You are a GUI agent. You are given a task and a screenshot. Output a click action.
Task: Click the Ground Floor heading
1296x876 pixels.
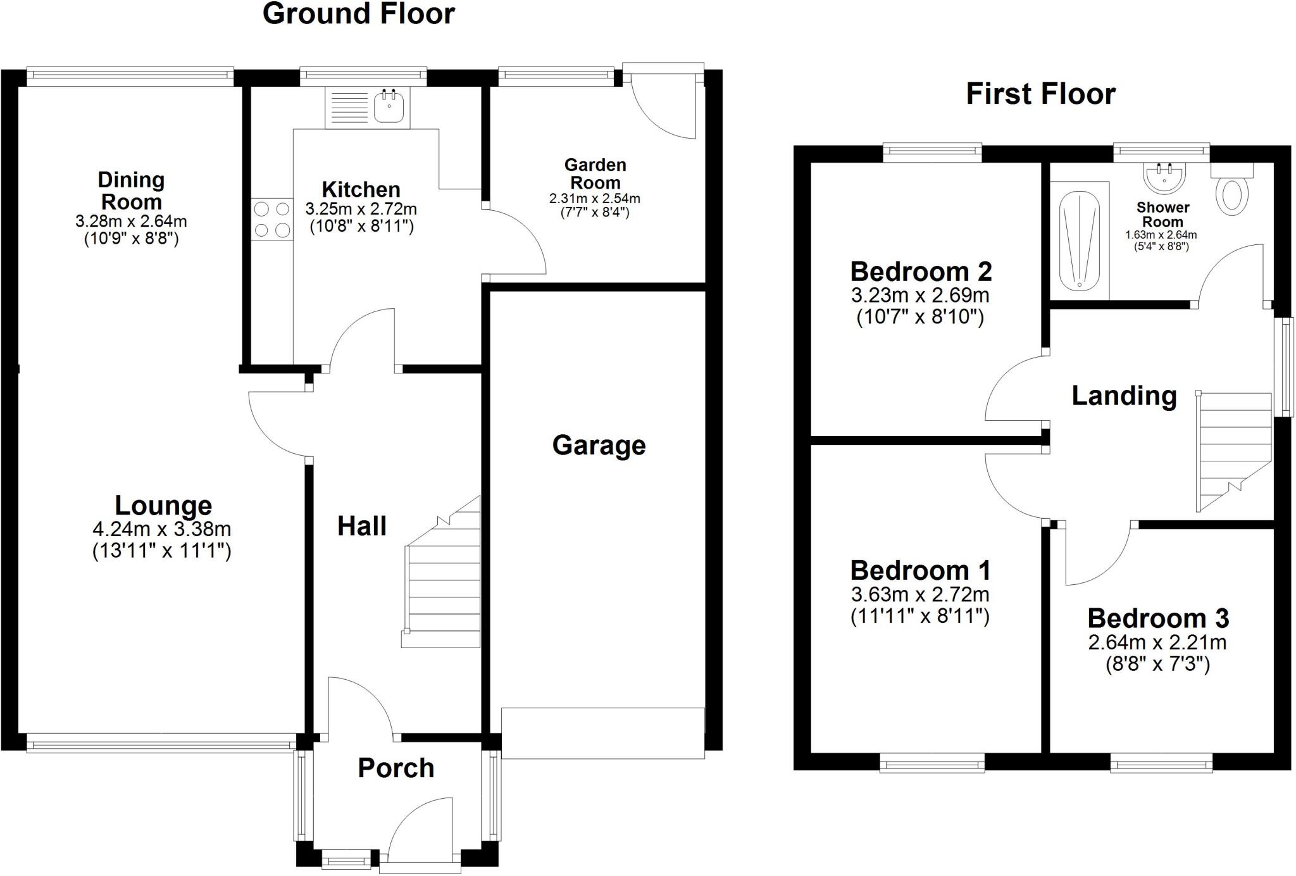pos(358,14)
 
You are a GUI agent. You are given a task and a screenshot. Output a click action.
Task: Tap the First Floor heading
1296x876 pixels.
pos(1040,94)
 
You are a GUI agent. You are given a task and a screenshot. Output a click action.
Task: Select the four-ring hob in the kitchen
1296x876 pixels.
pos(272,219)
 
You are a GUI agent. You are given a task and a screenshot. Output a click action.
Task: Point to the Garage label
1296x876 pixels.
pos(599,446)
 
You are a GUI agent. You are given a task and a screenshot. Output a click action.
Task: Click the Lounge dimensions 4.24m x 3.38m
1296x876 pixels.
pos(162,529)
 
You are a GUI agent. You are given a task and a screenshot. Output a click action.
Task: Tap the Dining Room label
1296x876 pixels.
pos(131,191)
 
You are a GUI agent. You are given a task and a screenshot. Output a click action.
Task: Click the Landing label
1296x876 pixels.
pos(1124,396)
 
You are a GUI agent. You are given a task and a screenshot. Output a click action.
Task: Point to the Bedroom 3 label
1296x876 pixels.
pos(1158,618)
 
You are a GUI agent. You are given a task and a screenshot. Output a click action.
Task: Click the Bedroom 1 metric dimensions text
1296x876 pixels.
pos(919,594)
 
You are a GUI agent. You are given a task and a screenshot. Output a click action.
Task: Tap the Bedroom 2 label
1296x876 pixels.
pos(920,272)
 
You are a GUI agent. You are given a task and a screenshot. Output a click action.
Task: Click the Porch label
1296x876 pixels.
pos(396,768)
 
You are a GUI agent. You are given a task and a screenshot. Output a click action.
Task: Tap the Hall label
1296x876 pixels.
pos(361,526)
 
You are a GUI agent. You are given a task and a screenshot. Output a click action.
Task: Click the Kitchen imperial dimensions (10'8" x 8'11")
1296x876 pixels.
pos(361,226)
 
